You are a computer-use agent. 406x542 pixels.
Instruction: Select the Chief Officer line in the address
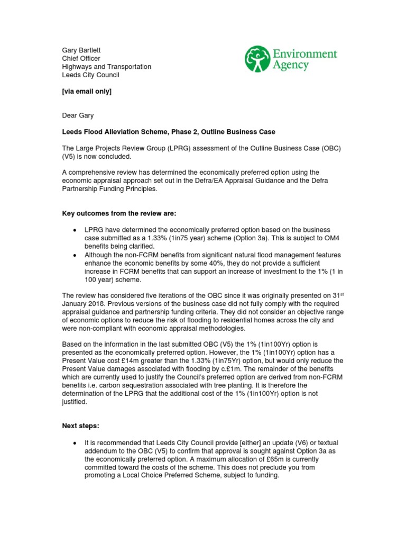(81, 58)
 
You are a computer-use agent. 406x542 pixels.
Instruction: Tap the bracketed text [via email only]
(87, 92)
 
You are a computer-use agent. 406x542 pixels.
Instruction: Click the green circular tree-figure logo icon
(257, 59)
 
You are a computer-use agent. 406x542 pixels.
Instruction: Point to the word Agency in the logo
(291, 66)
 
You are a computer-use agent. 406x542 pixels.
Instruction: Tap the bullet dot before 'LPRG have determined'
(74, 230)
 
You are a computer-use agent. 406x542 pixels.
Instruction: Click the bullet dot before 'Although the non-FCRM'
(74, 255)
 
